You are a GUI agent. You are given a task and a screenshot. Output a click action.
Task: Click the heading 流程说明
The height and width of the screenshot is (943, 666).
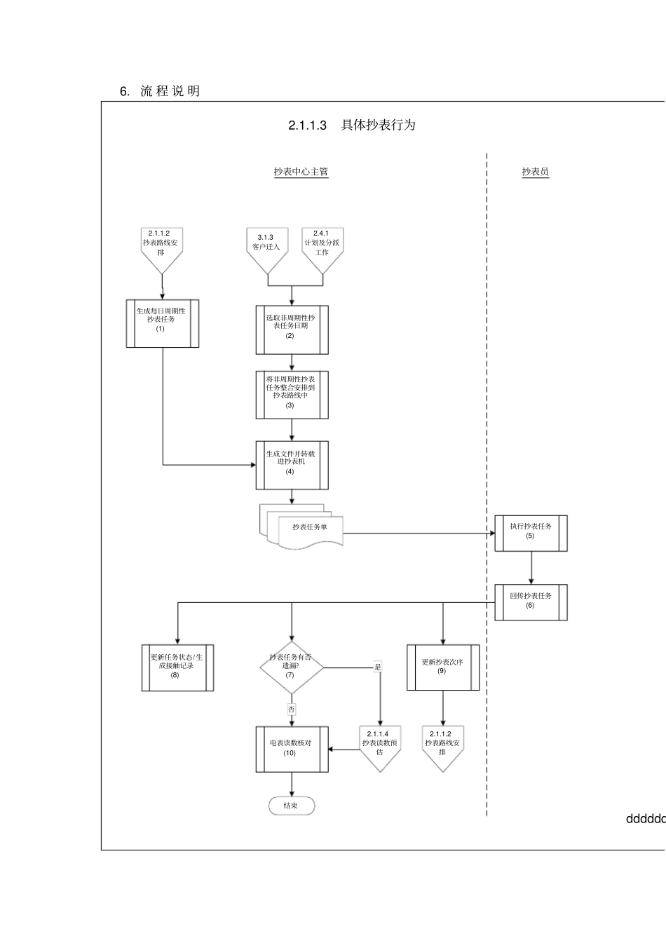170,91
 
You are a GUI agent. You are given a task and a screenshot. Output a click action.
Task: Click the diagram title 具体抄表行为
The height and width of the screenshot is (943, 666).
378,125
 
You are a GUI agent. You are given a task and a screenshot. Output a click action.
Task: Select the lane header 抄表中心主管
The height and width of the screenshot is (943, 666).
301,172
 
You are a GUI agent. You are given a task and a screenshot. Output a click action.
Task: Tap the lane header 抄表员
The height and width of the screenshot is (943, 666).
535,172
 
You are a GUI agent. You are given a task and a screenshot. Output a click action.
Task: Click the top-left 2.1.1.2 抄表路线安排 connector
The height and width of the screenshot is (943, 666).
161,247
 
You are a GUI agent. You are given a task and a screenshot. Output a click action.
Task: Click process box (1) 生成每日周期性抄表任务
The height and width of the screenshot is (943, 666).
162,323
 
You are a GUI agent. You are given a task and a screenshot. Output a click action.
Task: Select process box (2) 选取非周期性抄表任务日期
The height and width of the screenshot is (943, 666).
291,330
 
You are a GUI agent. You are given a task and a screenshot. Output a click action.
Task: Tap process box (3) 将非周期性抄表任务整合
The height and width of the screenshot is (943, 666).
291,395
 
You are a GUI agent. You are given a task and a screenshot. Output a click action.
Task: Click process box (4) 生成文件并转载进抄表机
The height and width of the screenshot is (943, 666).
291,465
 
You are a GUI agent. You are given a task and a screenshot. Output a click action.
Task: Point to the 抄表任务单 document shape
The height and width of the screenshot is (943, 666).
309,528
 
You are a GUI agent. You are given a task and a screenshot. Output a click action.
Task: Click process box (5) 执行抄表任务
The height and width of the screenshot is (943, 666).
531,534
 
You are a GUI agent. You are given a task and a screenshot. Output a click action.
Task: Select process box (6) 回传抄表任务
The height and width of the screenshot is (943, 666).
531,602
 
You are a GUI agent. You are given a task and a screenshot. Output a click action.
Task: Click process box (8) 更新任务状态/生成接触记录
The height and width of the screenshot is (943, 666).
177,667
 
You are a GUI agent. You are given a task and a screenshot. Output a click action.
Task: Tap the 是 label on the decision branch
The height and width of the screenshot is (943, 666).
378,667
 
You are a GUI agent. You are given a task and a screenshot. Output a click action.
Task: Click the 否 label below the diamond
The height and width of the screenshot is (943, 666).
292,710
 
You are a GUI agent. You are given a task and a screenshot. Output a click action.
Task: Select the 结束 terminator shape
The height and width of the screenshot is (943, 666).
292,806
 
